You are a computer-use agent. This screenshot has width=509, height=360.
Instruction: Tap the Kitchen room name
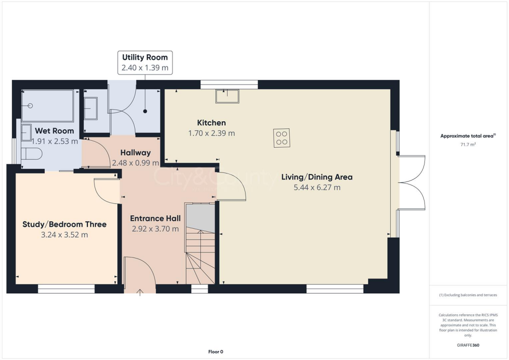click(211, 123)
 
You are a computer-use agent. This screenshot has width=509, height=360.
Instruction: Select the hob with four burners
click(282, 138)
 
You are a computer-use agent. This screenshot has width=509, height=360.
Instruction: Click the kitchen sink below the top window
click(227, 95)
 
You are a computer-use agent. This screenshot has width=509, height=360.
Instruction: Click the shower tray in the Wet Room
click(48, 105)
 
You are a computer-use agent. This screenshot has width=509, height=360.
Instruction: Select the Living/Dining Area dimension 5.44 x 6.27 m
click(311, 187)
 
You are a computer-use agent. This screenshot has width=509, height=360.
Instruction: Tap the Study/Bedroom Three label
click(65, 224)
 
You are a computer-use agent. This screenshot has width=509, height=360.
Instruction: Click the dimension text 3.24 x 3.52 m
click(65, 235)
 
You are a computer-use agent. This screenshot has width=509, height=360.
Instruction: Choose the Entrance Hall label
click(155, 218)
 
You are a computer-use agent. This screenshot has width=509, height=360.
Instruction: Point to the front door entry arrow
click(140, 292)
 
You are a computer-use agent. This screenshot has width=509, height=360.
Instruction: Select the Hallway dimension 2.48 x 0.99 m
click(135, 163)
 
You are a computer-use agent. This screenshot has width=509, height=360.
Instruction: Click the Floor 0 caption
click(215, 352)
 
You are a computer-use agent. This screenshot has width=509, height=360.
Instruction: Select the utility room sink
click(90, 108)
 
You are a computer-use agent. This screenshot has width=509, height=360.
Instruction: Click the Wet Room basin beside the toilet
click(26, 132)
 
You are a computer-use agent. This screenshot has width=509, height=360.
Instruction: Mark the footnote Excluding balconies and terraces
click(468, 295)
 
